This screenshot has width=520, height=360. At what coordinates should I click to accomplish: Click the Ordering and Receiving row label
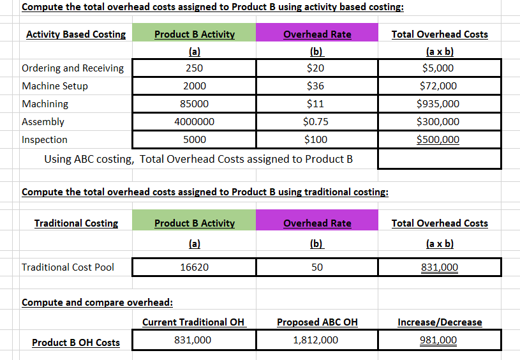(x=73, y=68)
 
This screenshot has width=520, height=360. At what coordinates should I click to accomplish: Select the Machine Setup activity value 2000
(x=194, y=86)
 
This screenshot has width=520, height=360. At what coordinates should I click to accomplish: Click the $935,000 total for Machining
(x=438, y=104)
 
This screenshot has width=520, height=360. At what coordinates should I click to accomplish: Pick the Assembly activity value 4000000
(x=194, y=122)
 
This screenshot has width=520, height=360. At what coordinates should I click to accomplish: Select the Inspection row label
(x=45, y=140)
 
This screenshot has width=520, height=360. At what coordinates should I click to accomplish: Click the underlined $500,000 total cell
(x=438, y=140)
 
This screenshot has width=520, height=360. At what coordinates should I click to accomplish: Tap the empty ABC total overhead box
(x=439, y=159)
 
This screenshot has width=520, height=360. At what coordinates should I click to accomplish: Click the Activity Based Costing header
(x=76, y=34)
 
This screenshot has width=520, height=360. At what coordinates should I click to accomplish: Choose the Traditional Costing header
(x=76, y=223)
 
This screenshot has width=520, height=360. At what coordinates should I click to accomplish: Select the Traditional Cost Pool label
(x=68, y=267)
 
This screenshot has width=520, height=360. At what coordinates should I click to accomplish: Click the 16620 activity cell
(x=194, y=267)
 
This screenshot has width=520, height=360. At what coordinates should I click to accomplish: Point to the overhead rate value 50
(x=317, y=267)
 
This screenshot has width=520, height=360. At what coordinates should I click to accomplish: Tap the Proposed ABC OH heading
(x=317, y=322)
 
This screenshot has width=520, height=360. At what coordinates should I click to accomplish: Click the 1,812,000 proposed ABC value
(x=316, y=340)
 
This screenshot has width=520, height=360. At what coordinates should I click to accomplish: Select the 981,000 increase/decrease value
(x=438, y=340)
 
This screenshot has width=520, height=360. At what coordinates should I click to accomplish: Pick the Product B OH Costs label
(x=76, y=343)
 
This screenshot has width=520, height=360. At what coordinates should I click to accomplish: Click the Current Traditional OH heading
(x=193, y=322)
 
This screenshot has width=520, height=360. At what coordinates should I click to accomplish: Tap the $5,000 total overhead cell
(x=438, y=68)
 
